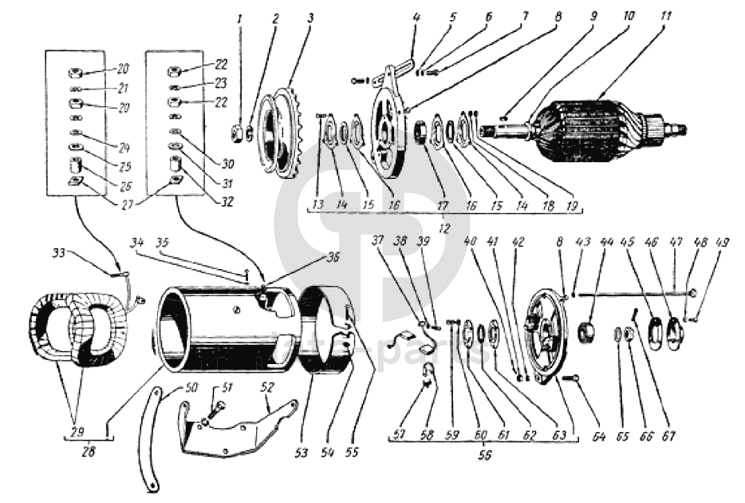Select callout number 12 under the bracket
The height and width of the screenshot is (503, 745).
443,229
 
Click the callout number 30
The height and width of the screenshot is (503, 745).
229,164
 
